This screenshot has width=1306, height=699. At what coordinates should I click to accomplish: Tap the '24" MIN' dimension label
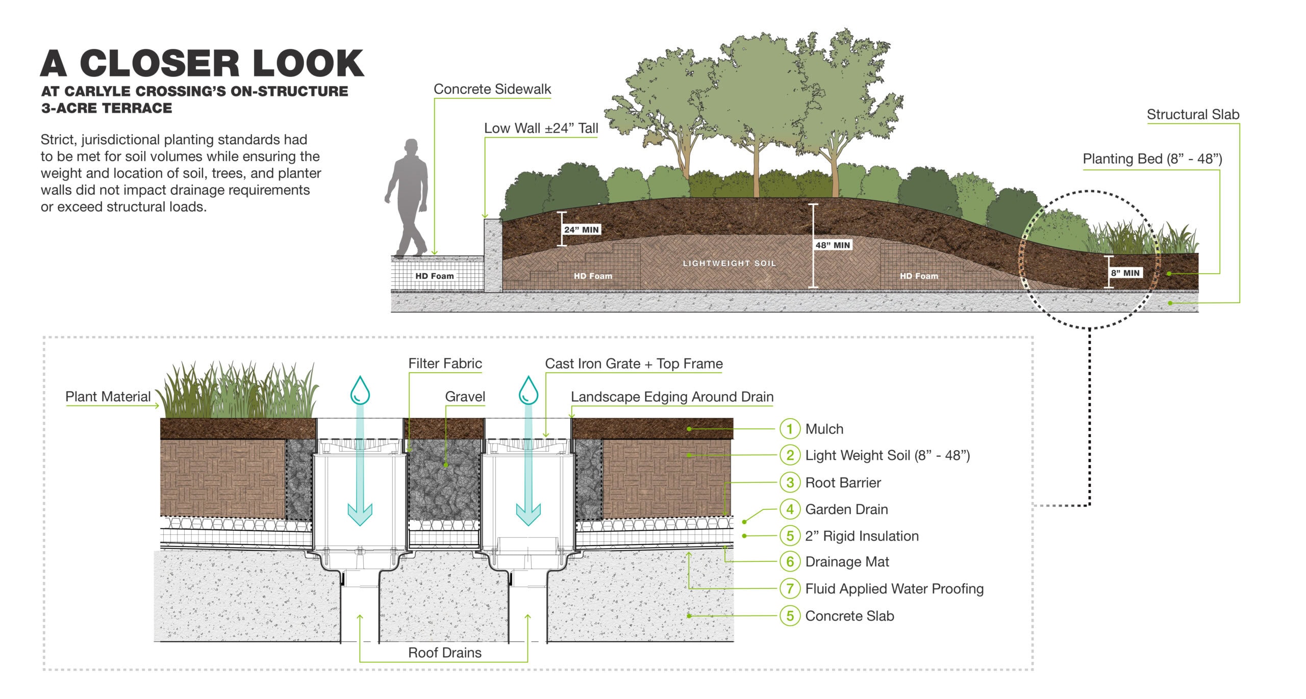pos(581,230)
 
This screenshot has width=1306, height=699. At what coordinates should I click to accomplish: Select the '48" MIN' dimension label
pos(833,245)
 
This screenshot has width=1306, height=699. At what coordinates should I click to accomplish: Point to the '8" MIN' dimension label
pos(1125,273)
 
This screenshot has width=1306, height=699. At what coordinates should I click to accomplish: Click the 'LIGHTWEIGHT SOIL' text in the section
pos(729,264)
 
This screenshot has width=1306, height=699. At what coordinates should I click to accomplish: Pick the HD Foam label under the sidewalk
pos(434,276)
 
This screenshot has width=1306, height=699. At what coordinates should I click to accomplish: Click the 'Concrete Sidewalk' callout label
pos(492,89)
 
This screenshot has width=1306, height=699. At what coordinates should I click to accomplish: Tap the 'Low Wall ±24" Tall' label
pos(541,128)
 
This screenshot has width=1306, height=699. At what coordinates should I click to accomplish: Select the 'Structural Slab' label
pos(1193,115)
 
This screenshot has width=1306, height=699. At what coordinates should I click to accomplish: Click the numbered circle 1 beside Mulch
pos(790,429)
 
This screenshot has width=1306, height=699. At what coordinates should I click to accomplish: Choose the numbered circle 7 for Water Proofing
pos(790,589)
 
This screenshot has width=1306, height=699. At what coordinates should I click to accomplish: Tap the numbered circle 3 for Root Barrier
pos(790,483)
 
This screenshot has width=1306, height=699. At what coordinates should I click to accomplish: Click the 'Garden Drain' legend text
pos(846,509)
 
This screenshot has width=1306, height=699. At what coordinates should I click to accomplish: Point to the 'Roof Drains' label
pos(444,653)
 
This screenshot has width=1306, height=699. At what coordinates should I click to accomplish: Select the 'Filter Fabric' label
pos(445,364)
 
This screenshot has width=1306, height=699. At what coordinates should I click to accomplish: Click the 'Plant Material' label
pos(108,397)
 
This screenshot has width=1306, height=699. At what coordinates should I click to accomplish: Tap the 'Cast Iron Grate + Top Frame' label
pos(634,364)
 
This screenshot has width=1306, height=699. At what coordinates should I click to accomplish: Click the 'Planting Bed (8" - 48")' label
pos(1152,159)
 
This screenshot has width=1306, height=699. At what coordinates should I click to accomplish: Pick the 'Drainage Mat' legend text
pos(847,562)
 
